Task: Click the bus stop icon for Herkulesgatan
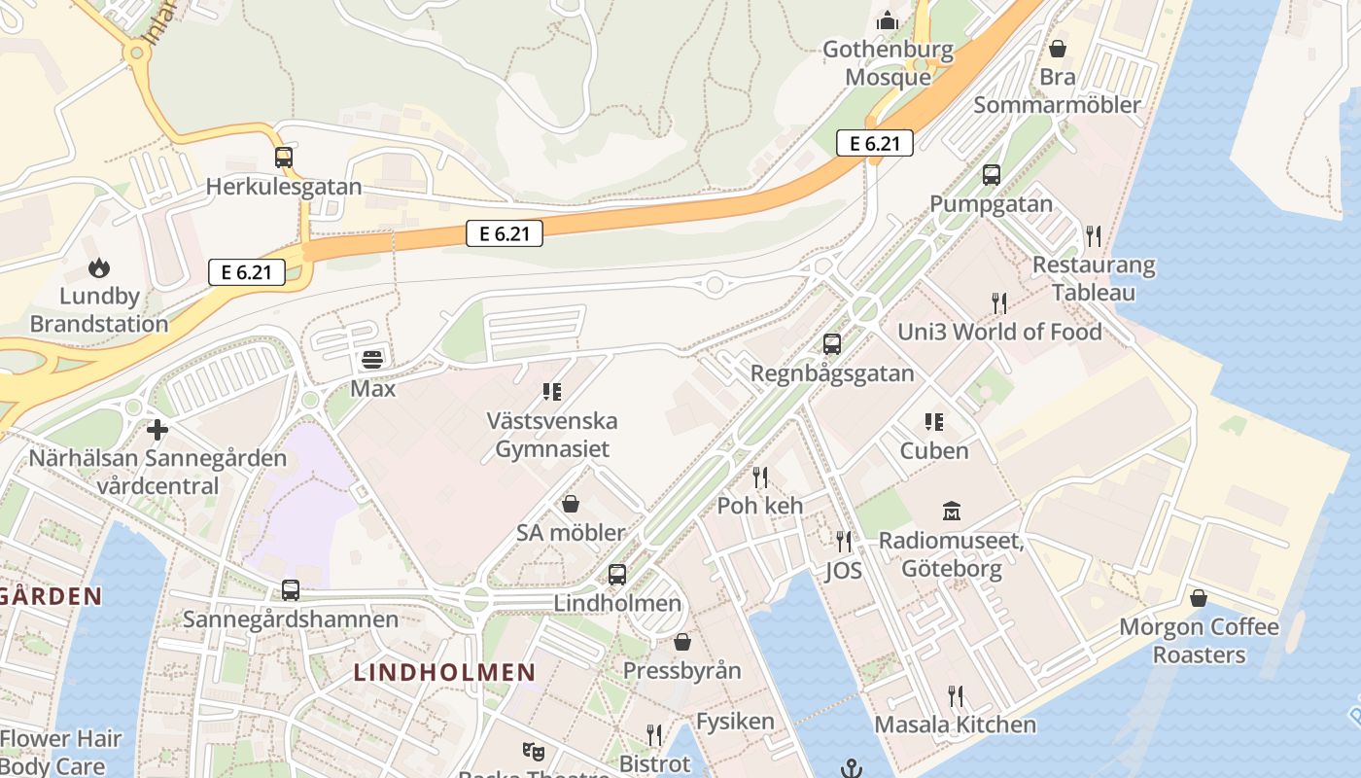[x=283, y=157]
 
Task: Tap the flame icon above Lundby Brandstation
[x=99, y=267]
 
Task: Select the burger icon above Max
[x=372, y=360]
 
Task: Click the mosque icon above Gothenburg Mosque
[x=888, y=19]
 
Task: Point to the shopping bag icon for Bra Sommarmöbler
[x=1058, y=48]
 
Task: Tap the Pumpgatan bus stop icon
[x=991, y=175]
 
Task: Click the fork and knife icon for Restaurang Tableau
[x=1094, y=235]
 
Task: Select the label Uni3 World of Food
[x=999, y=332]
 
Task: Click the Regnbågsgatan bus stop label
[x=832, y=373]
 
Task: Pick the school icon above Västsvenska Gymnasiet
[x=552, y=392]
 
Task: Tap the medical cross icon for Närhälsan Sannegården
[x=157, y=429]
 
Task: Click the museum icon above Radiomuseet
[x=952, y=511]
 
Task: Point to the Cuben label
[x=934, y=450]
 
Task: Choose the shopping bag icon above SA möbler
[x=571, y=504]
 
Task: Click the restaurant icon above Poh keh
[x=760, y=477]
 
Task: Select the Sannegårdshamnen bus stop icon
[x=290, y=589]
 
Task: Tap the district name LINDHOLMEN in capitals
[x=444, y=672]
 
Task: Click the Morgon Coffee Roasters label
[x=1199, y=640]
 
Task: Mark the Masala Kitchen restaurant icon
[x=956, y=695]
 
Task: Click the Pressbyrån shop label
[x=681, y=671]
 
